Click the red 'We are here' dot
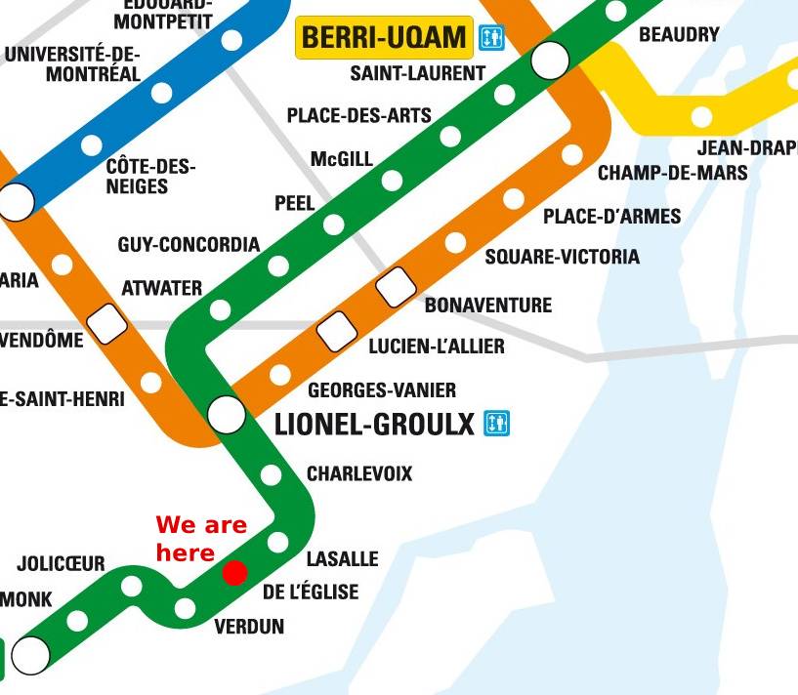234,572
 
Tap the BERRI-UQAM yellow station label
384,38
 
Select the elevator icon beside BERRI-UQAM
490,38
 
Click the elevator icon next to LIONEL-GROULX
497,424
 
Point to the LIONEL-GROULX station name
374,425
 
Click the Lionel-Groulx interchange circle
227,414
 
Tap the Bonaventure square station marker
396,286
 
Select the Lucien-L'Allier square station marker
337,330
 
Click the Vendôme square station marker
107,323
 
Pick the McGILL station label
342,158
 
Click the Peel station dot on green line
333,225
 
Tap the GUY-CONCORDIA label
189,244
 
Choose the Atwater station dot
221,310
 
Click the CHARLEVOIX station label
359,474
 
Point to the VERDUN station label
249,627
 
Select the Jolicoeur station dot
131,586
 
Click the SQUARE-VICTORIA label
562,257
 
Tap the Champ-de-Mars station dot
572,154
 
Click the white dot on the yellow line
701,117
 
